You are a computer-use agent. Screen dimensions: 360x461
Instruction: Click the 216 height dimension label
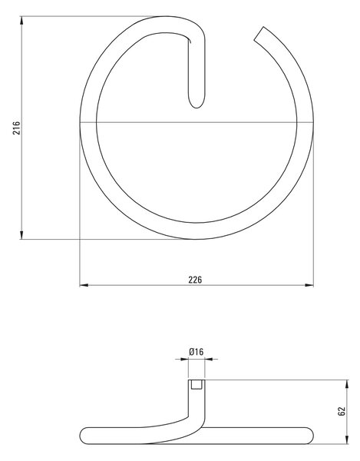click(x=17, y=128)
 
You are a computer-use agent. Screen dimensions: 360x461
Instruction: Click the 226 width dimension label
click(x=195, y=280)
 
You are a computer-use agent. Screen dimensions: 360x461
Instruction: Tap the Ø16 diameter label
click(x=197, y=352)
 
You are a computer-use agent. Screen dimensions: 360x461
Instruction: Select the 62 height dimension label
click(x=342, y=411)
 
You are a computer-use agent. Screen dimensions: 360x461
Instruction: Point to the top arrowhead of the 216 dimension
click(x=21, y=20)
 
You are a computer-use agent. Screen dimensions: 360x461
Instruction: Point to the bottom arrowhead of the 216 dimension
click(x=21, y=235)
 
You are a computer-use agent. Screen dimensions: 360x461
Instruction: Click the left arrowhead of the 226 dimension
click(x=84, y=285)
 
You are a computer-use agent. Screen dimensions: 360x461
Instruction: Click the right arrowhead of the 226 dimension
click(x=309, y=285)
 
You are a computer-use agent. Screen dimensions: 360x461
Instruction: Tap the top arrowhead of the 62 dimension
click(x=348, y=384)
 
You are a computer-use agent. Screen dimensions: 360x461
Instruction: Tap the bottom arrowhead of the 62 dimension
click(x=348, y=439)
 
